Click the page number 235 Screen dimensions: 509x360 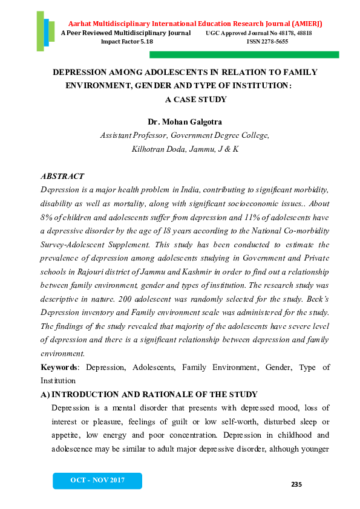click(x=296, y=484)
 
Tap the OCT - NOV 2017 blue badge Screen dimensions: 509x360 click(x=97, y=480)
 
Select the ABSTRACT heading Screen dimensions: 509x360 click(x=62, y=176)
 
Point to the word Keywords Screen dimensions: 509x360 click(x=59, y=367)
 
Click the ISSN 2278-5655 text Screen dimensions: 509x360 click(x=267, y=42)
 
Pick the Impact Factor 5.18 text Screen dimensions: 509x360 click(x=127, y=42)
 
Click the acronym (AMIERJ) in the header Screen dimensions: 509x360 click(x=303, y=24)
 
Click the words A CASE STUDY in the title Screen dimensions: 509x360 click(x=195, y=99)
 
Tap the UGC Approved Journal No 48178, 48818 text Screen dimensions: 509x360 click(x=258, y=33)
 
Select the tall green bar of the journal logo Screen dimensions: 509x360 click(x=40, y=30)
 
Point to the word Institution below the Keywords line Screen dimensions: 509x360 click(x=58, y=381)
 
